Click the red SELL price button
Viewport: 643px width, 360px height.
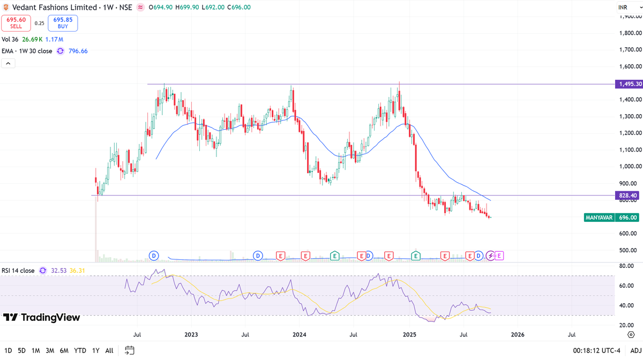click(16, 23)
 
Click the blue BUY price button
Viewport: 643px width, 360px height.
click(63, 23)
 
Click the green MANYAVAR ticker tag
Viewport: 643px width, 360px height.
click(599, 217)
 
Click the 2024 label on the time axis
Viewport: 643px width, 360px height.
click(299, 335)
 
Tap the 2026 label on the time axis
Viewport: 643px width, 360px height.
click(518, 335)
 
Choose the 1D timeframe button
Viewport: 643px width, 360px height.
click(9, 350)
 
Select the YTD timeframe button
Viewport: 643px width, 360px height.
click(80, 350)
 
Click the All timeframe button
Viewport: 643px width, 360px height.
click(109, 350)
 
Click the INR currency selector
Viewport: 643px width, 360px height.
click(623, 7)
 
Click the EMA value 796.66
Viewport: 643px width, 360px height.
click(78, 51)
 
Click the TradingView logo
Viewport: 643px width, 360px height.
click(42, 318)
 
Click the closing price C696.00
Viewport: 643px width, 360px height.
click(238, 7)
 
